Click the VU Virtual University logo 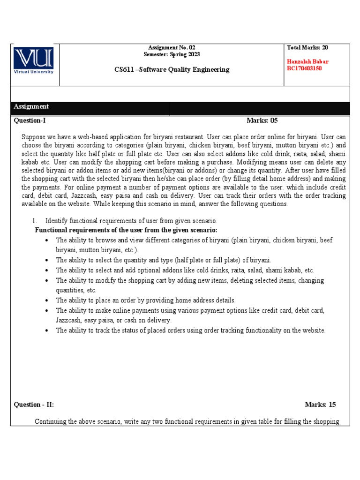click(34, 60)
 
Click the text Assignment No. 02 click(172, 48)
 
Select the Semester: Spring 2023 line click(172, 54)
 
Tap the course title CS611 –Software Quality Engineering click(172, 69)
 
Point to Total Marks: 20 click(307, 48)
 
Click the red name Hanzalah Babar click(307, 62)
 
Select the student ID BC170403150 click(304, 68)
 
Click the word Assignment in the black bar click(31, 107)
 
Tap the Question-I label click(30, 120)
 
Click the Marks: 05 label click(262, 120)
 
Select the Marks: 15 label click(320, 405)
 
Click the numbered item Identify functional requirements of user click(131, 221)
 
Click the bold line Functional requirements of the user click(127, 230)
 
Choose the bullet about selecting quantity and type click(163, 260)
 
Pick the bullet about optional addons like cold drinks click(185, 270)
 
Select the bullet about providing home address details click(146, 300)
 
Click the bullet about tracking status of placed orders click(190, 330)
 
